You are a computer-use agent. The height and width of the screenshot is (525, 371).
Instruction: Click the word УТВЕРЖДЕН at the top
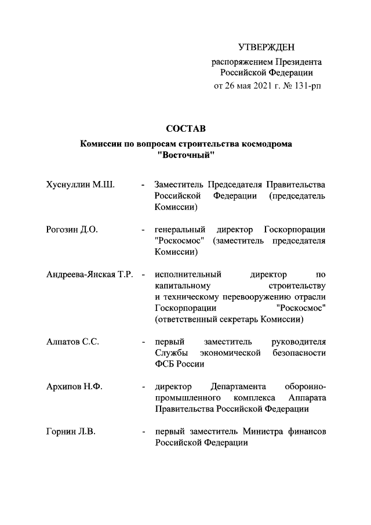pyautogui.click(x=267, y=46)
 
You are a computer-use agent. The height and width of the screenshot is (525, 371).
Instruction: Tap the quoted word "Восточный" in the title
pyautogui.click(x=186, y=155)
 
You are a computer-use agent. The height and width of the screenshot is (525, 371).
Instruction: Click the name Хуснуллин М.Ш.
pyautogui.click(x=81, y=185)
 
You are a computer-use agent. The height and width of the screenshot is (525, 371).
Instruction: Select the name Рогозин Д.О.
pyautogui.click(x=72, y=229)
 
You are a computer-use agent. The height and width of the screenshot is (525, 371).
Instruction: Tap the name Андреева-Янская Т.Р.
pyautogui.click(x=90, y=274)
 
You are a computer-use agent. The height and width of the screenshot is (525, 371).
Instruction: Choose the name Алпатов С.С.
pyautogui.click(x=72, y=342)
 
